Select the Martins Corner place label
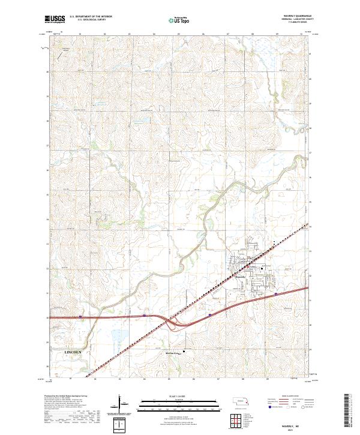(x=173, y=353)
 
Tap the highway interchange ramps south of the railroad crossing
(x=176, y=324)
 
